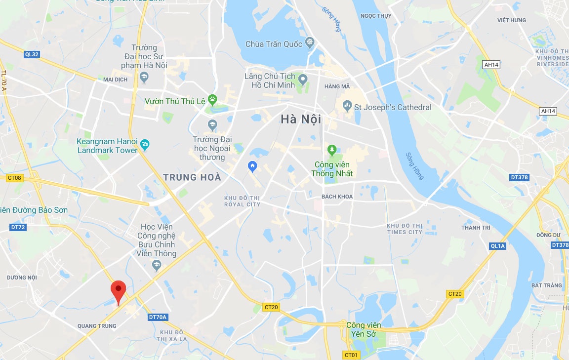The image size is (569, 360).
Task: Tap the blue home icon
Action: (252, 166)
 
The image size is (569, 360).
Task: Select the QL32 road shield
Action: (31, 54)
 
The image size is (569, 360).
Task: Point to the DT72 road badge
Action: (18, 227)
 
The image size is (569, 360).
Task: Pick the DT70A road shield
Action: (158, 317)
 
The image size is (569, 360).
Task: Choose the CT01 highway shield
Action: (351, 355)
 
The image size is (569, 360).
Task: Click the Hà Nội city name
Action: (301, 120)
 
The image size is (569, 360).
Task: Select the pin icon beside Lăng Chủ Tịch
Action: (303, 79)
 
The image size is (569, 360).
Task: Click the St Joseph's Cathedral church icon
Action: (347, 106)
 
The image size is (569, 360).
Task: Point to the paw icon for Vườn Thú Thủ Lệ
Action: (213, 100)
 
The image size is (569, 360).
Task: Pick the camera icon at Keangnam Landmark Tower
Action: (145, 145)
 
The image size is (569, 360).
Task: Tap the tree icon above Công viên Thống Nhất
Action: (332, 149)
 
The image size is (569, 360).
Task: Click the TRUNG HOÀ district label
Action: (192, 177)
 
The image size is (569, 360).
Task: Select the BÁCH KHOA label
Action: (337, 197)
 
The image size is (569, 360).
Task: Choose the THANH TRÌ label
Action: (476, 228)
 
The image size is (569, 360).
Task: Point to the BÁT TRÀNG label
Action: (547, 285)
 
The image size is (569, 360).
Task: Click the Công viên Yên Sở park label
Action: (364, 329)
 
